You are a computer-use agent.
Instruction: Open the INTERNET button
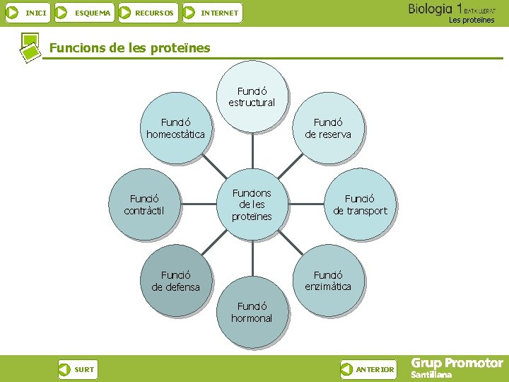(x=211, y=13)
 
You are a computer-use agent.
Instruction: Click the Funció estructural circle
(x=252, y=98)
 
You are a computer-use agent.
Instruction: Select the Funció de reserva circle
(x=327, y=128)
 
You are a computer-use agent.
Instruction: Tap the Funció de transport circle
(x=360, y=204)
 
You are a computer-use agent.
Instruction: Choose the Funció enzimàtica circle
(x=327, y=280)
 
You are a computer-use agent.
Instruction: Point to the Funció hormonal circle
(x=252, y=312)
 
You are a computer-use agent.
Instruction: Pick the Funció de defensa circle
(x=175, y=280)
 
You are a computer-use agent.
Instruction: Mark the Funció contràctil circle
(x=144, y=204)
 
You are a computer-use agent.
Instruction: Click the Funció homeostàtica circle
(x=175, y=128)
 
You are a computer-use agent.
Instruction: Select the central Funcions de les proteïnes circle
(x=252, y=204)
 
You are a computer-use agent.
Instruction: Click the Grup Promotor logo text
(x=457, y=363)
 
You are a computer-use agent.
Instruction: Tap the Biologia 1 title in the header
(x=435, y=9)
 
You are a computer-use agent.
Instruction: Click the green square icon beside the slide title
(x=30, y=47)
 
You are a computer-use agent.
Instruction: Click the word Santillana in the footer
(x=431, y=375)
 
